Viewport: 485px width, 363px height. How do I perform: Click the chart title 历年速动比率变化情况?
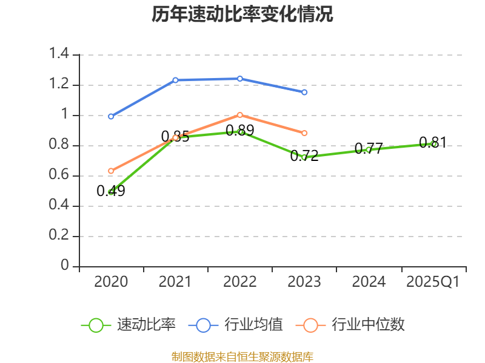click(242, 14)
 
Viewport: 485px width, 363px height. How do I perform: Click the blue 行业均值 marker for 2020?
click(111, 116)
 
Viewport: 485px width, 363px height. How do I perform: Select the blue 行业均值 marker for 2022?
click(239, 79)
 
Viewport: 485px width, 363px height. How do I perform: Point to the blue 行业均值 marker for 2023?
click(304, 93)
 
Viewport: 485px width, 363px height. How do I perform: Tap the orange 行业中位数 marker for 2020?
click(111, 171)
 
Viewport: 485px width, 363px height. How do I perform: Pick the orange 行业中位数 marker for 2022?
click(239, 115)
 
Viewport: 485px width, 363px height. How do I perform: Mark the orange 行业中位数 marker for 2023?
click(304, 133)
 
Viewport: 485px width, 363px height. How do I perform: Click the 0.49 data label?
click(111, 191)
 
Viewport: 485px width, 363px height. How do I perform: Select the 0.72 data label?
click(304, 155)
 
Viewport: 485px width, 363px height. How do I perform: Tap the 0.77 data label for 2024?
click(369, 148)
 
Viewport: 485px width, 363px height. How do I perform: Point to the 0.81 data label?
click(433, 143)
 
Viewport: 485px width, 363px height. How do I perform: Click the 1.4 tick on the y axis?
click(59, 53)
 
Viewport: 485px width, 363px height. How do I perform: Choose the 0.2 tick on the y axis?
click(59, 235)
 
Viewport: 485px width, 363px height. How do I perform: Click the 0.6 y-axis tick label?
click(59, 174)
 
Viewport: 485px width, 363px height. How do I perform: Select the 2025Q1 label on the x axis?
click(433, 281)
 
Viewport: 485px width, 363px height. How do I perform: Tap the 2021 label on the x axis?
click(175, 281)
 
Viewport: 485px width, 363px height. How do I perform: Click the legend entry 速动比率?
click(129, 325)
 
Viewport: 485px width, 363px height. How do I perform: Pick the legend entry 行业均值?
click(235, 325)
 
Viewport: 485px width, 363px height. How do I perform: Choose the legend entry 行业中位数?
click(350, 325)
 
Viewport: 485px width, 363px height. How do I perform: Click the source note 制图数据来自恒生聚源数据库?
click(242, 357)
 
